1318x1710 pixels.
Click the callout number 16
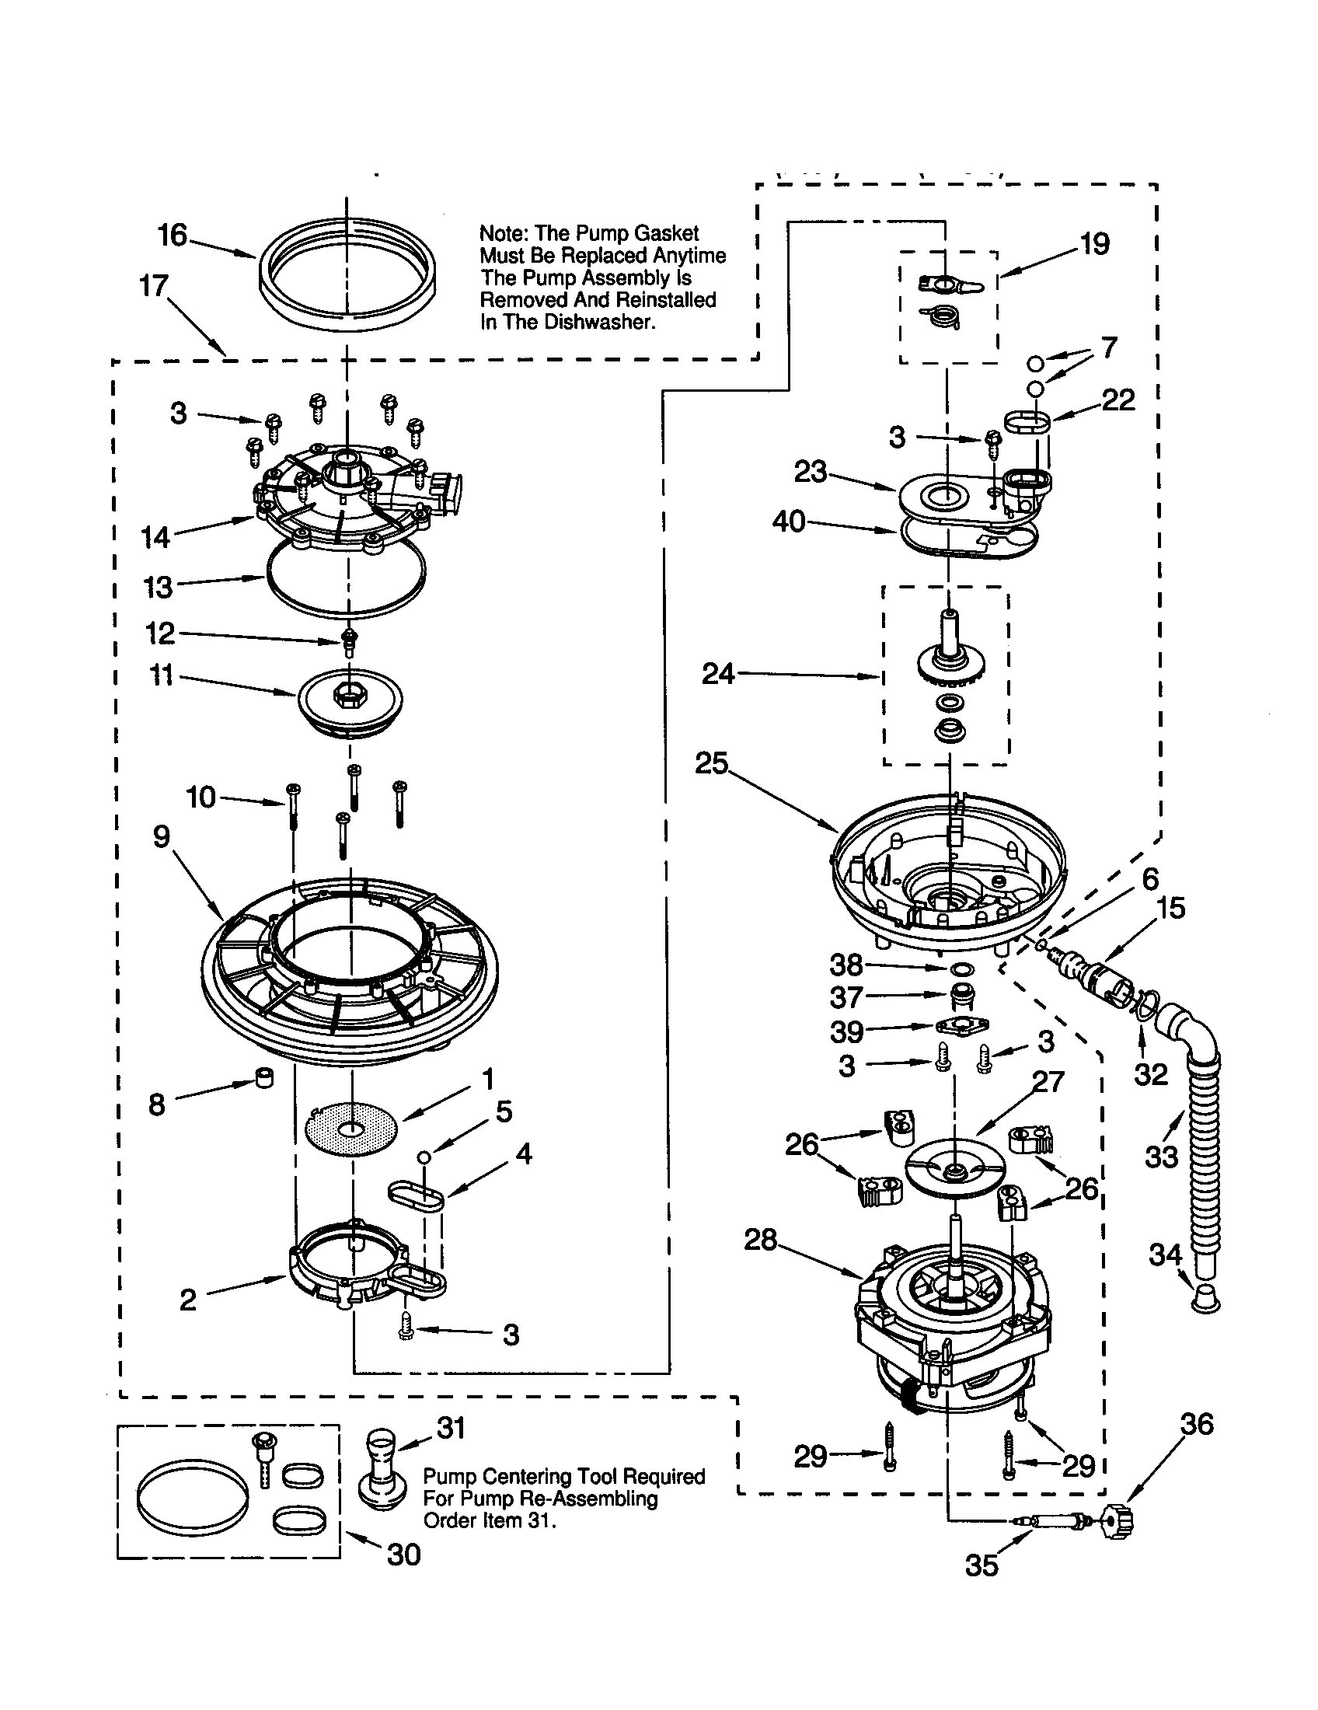coord(173,235)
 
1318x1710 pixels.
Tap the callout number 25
coord(711,763)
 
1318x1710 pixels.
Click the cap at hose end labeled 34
coord(1205,1300)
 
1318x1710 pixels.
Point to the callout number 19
coord(1095,244)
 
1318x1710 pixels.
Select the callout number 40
coord(789,521)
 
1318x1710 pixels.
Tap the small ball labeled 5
coord(424,1157)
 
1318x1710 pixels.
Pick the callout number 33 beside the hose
coord(1162,1156)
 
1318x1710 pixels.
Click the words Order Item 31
coord(489,1520)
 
